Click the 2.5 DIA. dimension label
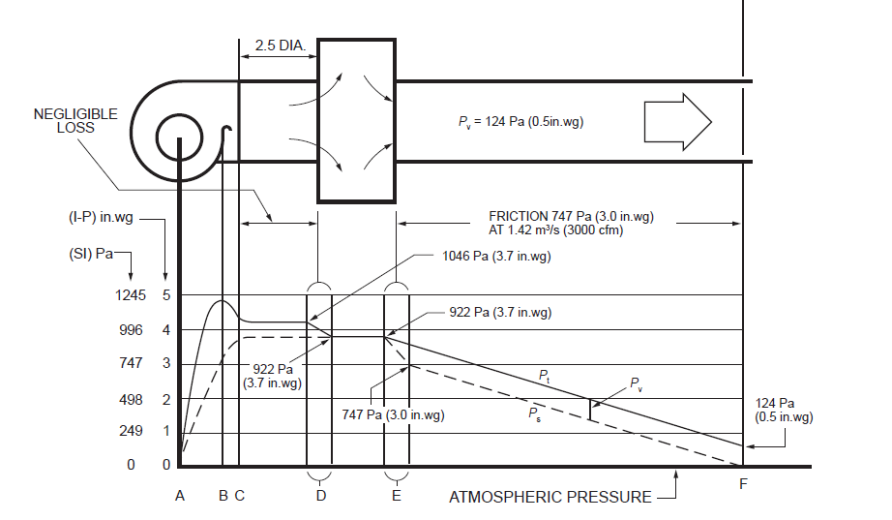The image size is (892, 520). pos(280,46)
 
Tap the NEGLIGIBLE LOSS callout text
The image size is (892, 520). pos(75,121)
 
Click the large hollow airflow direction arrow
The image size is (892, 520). pos(677,122)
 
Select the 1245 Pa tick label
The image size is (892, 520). pos(131,295)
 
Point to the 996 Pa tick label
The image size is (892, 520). pos(131,330)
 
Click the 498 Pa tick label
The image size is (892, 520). pos(131,399)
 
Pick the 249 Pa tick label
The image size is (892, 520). pos(131,431)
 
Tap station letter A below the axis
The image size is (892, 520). pos(180,496)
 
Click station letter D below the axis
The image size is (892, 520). pos(321,496)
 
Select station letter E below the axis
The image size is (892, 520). pos(397,496)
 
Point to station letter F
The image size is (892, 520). pos(743,484)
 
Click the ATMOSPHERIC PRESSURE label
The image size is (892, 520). pos(550,497)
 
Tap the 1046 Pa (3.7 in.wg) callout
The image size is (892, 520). pos(496,257)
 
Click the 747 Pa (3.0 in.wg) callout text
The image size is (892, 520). pos(393,414)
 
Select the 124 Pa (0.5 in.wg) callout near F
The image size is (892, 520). pos(784,410)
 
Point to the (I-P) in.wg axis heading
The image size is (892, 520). pos(101,218)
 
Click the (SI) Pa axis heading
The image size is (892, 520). pos(91,254)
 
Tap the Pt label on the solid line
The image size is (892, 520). pos(545,376)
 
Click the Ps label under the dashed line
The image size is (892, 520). pos(534,413)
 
